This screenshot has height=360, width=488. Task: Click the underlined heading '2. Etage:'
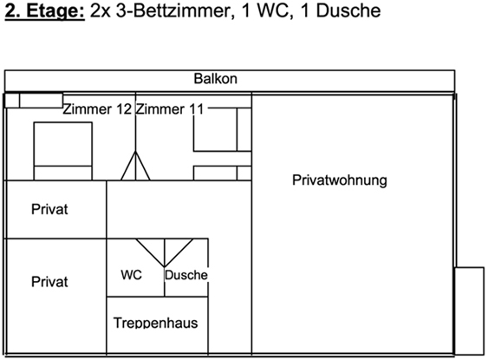[45, 11]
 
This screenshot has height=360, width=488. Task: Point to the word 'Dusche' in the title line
[348, 10]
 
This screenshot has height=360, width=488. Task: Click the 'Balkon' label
[215, 78]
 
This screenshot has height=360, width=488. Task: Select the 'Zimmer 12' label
[97, 109]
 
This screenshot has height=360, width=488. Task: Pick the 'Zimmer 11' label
[170, 109]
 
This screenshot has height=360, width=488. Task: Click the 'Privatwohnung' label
[340, 180]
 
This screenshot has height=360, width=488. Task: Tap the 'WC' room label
[132, 275]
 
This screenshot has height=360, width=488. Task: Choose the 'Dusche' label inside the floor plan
[186, 275]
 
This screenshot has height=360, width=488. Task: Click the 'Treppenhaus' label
[156, 323]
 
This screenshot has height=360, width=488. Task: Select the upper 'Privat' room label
[49, 209]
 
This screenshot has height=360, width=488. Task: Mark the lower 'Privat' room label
[49, 282]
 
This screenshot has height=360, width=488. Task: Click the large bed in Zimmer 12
[63, 151]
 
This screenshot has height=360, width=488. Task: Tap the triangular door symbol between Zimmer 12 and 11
[135, 166]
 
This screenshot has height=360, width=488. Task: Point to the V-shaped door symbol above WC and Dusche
[165, 253]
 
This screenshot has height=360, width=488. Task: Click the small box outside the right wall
[470, 311]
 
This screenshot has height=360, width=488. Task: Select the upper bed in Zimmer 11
[222, 129]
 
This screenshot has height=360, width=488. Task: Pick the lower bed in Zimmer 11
[222, 173]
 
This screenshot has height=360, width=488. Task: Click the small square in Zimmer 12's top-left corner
[12, 101]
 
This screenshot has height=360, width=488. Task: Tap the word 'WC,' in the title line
[276, 11]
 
